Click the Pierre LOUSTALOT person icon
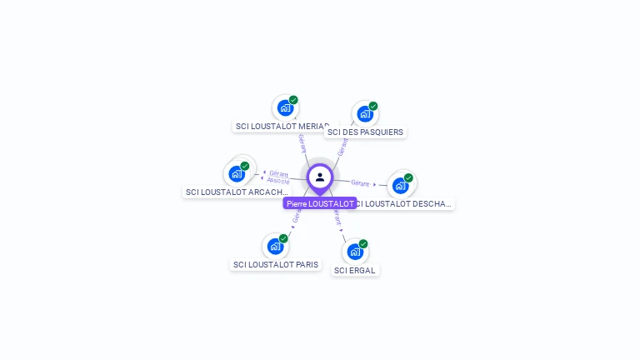[320, 177]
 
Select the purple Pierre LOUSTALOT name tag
[320, 203]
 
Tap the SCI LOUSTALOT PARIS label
[276, 265]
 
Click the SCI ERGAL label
[355, 270]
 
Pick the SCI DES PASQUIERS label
[365, 132]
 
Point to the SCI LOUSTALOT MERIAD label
[282, 126]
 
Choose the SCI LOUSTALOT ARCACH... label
[237, 192]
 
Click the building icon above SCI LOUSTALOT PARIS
[275, 247]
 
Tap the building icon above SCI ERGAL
[354, 252]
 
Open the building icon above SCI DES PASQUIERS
[364, 114]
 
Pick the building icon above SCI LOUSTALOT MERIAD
[285, 107]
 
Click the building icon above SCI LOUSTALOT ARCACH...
[237, 174]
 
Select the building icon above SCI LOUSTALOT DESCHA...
[400, 185]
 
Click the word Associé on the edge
[278, 180]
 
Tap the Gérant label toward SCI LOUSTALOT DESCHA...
[360, 182]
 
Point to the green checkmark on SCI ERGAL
[363, 244]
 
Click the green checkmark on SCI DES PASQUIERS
[373, 106]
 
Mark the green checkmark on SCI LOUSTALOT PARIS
[283, 238]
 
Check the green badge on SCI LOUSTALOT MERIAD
[293, 100]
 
